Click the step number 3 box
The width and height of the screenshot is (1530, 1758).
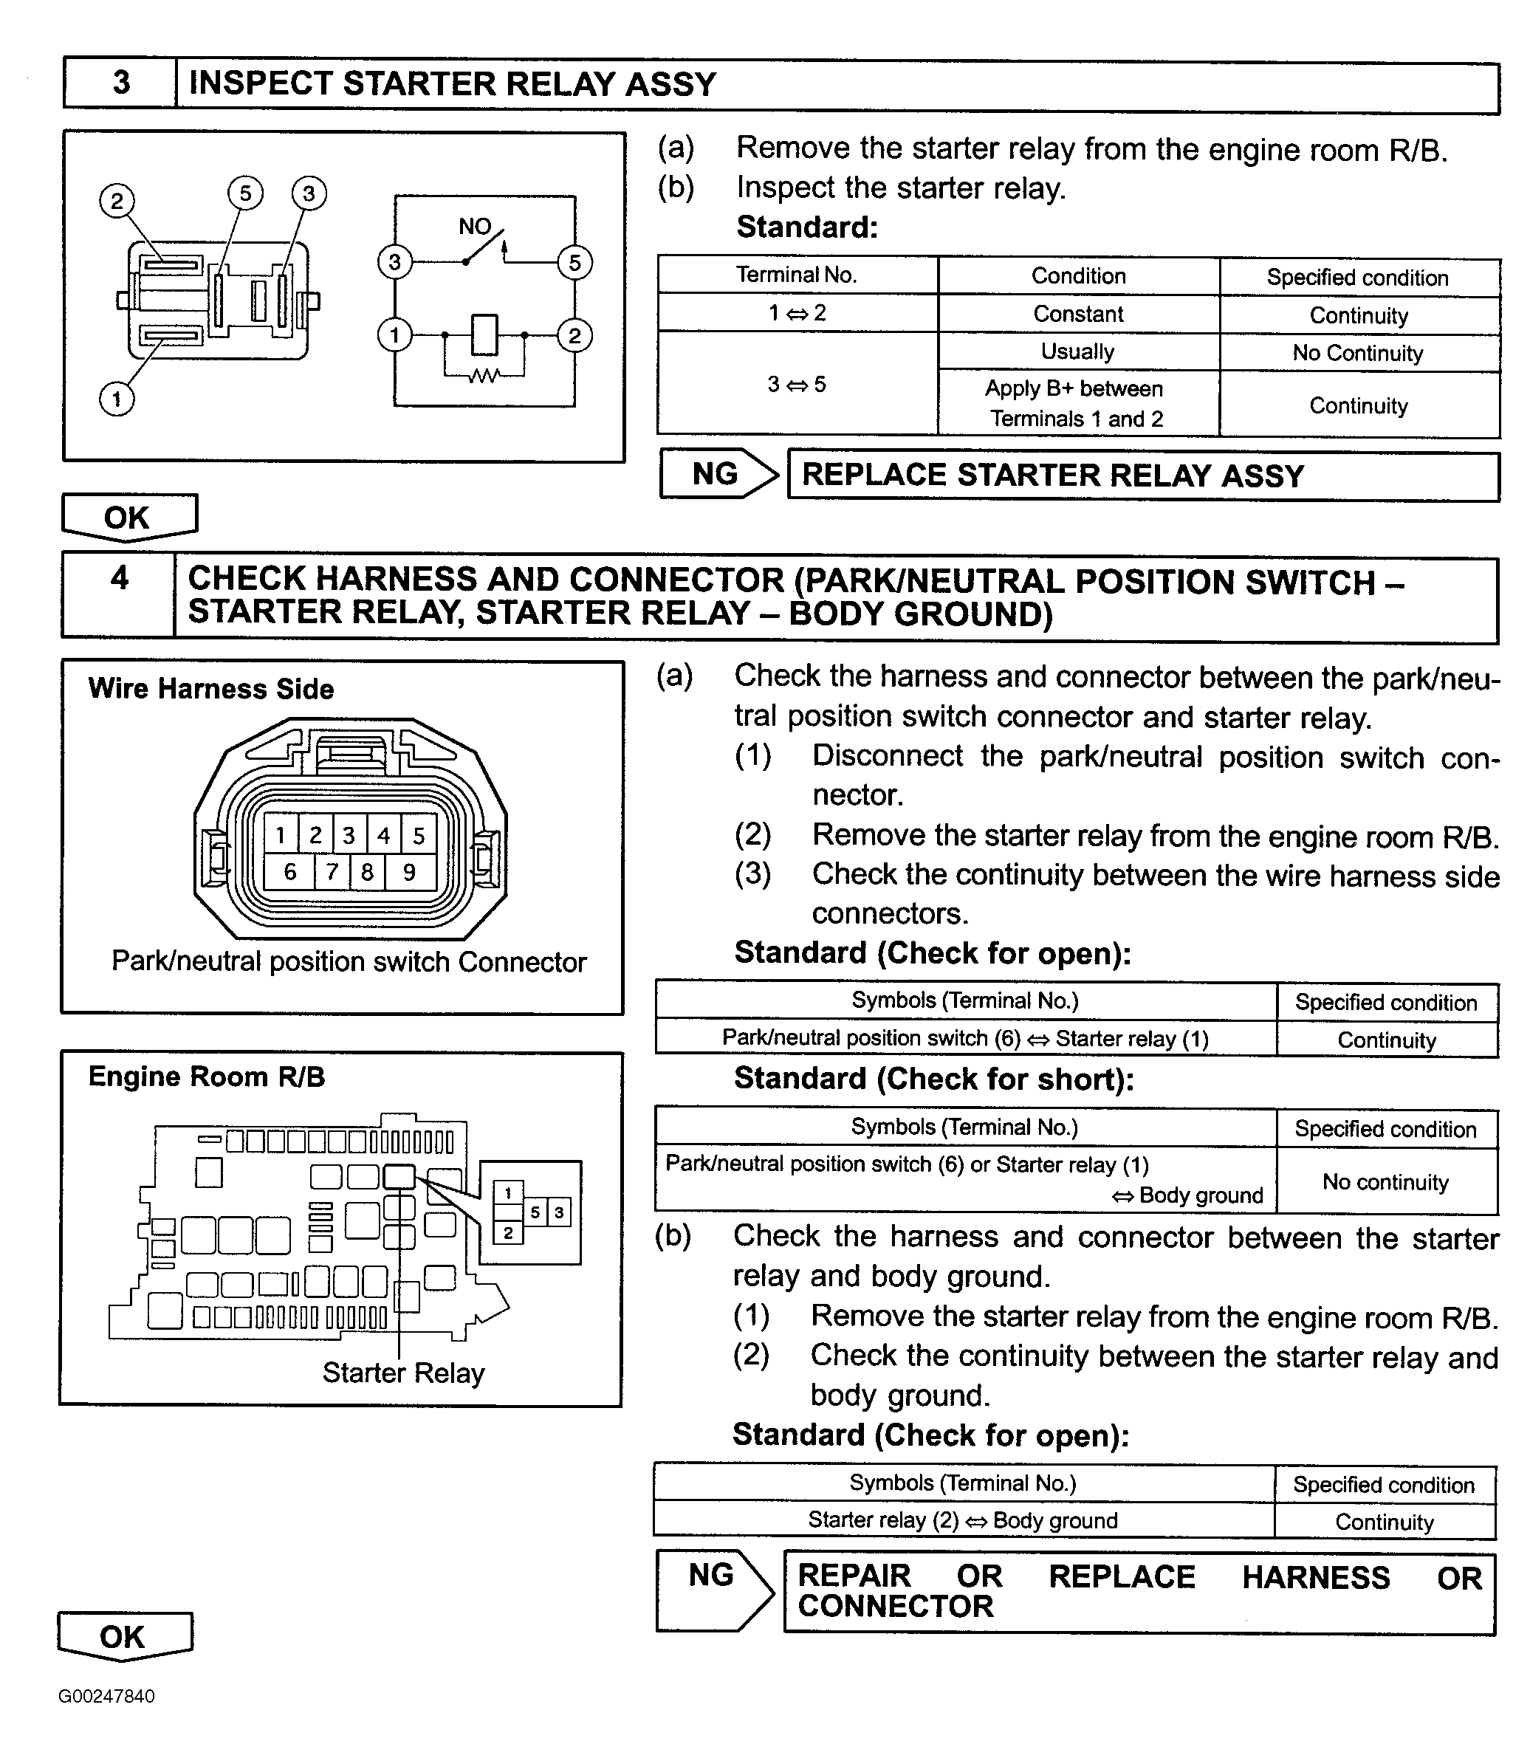[120, 83]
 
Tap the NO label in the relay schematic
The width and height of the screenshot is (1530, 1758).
[475, 226]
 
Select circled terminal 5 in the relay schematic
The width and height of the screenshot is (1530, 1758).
[574, 263]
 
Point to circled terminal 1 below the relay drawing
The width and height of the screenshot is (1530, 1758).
[117, 399]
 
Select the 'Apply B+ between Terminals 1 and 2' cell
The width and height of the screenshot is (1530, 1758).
[1077, 404]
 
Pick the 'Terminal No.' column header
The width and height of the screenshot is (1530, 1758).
[797, 275]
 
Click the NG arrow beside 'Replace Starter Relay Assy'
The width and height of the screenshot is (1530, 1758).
[719, 474]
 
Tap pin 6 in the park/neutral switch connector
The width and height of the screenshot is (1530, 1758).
[290, 872]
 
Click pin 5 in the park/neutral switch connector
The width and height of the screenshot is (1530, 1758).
[419, 835]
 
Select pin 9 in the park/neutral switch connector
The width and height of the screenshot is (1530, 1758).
[410, 872]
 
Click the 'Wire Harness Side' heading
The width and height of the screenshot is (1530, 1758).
[211, 689]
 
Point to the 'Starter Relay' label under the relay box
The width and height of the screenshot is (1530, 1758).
[403, 1373]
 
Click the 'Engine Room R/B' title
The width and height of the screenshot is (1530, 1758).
[207, 1077]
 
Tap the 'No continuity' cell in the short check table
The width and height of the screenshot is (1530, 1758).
[1385, 1181]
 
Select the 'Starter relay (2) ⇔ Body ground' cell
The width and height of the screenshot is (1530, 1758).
[963, 1521]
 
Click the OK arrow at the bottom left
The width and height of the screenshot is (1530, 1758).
[124, 1636]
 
